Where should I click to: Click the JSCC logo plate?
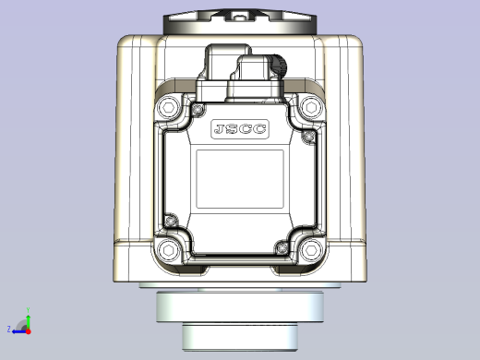(240, 129)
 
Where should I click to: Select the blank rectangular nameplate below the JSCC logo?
(239, 178)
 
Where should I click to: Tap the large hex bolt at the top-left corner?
(169, 109)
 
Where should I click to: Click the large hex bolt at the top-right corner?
(310, 109)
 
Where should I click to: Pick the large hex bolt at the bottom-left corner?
(169, 250)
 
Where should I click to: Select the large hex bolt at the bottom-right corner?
(310, 250)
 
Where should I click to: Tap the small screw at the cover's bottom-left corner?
(170, 220)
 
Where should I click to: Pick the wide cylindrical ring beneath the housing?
(240, 306)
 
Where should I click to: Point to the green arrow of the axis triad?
(28, 317)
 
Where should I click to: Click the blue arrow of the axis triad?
(18, 330)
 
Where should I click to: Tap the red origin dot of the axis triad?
(28, 330)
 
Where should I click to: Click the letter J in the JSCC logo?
(220, 129)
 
